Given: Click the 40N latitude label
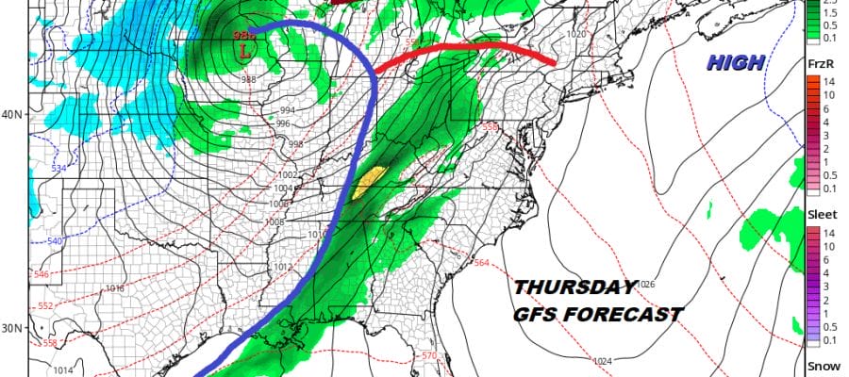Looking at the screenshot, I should tap(13, 115).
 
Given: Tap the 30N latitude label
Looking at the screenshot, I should tap(13, 328).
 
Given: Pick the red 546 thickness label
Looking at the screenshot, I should tap(41, 274).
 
